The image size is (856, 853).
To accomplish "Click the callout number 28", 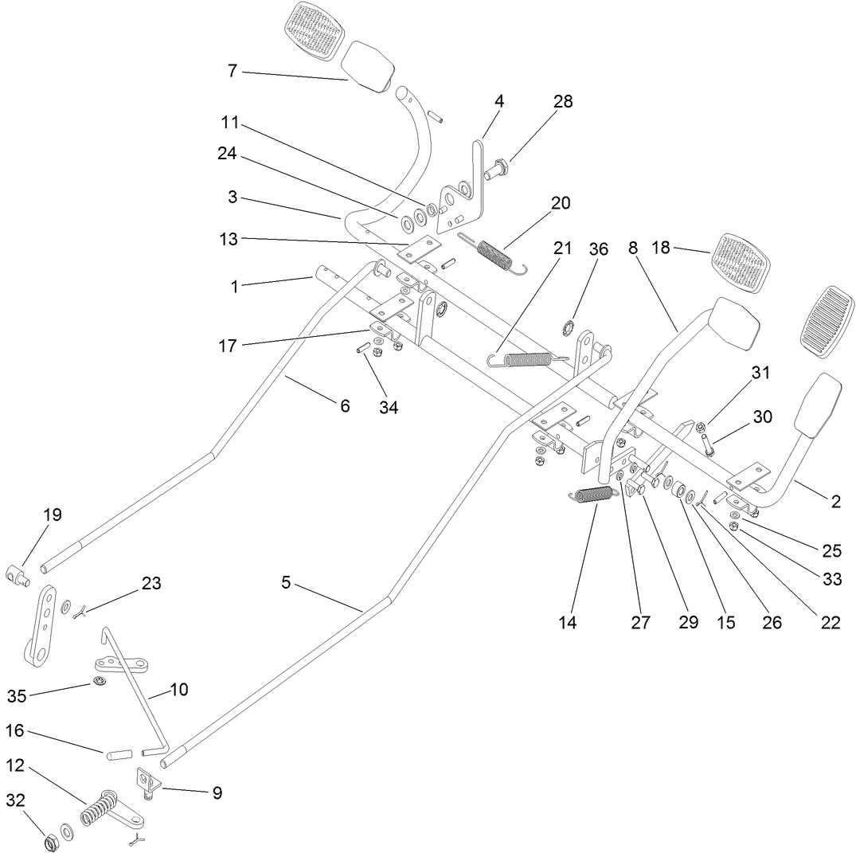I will [563, 101].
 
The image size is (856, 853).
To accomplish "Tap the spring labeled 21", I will [528, 359].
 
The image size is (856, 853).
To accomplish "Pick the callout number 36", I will [598, 248].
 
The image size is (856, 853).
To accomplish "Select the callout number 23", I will [151, 583].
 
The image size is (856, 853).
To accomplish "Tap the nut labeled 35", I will [100, 680].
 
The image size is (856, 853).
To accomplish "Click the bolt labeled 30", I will [706, 441].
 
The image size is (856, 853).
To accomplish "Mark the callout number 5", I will [286, 583].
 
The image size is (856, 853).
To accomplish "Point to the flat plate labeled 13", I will [420, 251].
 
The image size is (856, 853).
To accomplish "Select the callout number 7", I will [232, 71].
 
